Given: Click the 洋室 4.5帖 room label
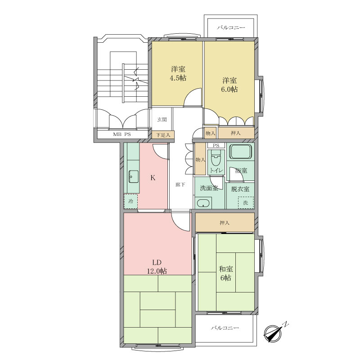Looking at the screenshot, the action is (x=178, y=73).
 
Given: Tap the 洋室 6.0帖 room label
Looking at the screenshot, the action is (x=229, y=85).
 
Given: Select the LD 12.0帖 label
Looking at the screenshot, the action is (x=157, y=267).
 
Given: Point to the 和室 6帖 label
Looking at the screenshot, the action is (x=226, y=273).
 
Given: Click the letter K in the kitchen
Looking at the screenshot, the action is (x=153, y=177).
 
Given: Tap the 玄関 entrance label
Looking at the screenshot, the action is (x=162, y=119).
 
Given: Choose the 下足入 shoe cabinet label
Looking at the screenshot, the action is (x=163, y=135).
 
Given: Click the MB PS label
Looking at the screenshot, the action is (x=121, y=135).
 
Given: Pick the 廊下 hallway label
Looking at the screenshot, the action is (x=180, y=184).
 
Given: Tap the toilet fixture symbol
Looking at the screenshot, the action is (x=216, y=158).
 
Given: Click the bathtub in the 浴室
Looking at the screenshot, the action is (x=240, y=151).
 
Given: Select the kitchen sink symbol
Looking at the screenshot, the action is (x=133, y=177).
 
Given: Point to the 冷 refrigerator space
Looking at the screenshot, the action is (x=131, y=201).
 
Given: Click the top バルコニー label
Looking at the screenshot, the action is (x=231, y=28).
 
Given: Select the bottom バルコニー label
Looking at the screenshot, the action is (x=225, y=328).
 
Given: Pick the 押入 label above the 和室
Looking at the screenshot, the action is (x=225, y=223).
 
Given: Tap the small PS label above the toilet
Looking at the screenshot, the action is (x=216, y=145).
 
